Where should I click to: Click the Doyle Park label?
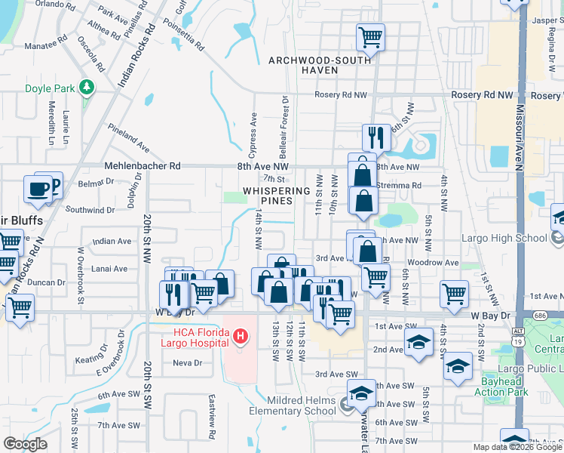coord(50,88)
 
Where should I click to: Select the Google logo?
coord(25,444)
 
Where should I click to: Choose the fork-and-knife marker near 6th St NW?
coord(375,137)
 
